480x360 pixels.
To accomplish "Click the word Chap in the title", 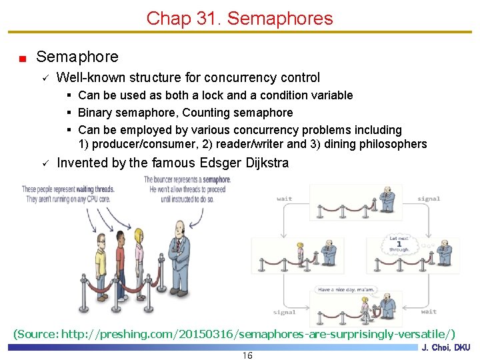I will tap(166, 18).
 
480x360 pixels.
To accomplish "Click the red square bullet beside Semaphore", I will tap(22, 59).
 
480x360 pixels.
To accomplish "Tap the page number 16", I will tap(247, 355).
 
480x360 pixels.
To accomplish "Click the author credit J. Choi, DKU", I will tap(446, 347).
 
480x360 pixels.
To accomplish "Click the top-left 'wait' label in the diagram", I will tap(284, 199).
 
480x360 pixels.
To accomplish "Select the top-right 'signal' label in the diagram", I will tap(429, 199).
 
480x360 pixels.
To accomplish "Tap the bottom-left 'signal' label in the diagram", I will tap(284, 311).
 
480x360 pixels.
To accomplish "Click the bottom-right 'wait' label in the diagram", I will tap(429, 311).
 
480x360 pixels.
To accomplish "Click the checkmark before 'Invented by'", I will tap(44, 163).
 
